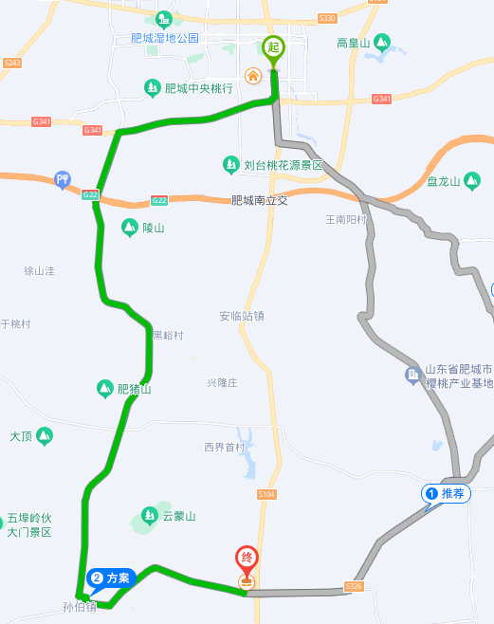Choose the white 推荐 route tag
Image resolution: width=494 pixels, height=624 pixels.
(x=447, y=493)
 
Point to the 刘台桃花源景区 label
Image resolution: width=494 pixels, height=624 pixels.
(x=284, y=165)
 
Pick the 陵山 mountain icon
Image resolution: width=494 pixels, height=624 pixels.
(x=129, y=228)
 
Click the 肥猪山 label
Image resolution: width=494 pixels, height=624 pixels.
(x=134, y=389)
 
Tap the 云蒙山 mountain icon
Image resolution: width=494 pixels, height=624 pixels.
(x=149, y=516)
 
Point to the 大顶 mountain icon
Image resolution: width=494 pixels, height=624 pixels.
(x=45, y=436)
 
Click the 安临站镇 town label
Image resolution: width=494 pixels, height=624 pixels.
(x=241, y=316)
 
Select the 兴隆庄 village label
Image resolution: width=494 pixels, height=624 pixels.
(x=222, y=382)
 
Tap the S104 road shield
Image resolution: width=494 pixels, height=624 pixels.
(x=266, y=495)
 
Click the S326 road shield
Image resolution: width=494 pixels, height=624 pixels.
(x=354, y=586)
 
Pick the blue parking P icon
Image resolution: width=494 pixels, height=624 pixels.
(x=63, y=178)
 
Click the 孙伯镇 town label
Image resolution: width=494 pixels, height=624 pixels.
(x=80, y=607)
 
